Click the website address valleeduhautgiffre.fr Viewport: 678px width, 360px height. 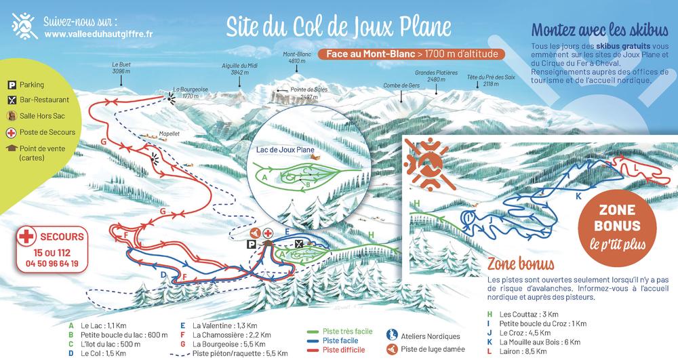point(98,33)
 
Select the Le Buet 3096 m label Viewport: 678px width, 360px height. point(122,67)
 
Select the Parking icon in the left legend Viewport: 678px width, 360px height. point(12,85)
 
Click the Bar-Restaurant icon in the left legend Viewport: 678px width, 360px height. point(12,100)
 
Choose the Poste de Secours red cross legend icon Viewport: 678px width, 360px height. point(12,132)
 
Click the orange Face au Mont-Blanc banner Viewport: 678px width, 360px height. point(411,53)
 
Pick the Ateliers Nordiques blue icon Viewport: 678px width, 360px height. point(391,336)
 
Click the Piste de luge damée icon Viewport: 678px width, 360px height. point(391,350)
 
